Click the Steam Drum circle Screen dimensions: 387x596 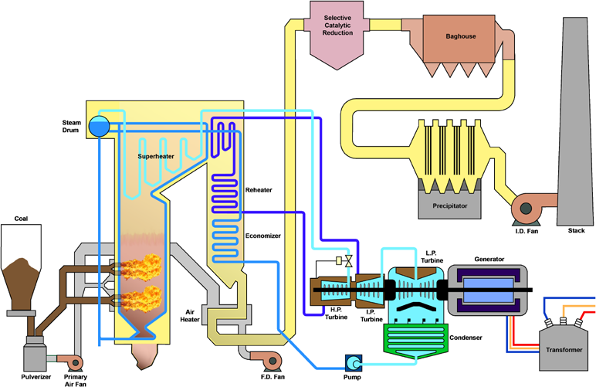pyautogui.click(x=99, y=125)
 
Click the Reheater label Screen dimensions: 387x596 pyautogui.click(x=259, y=189)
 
